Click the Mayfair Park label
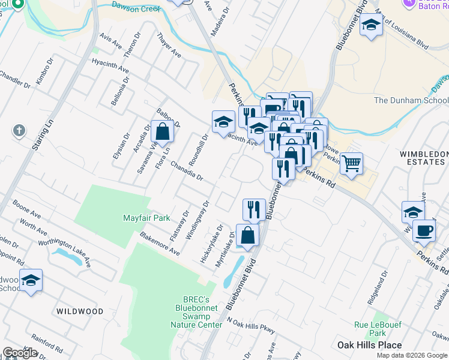pos(147,218)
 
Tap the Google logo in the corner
pos(20,353)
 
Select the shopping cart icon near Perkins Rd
pos(351,162)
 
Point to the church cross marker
pos(19,130)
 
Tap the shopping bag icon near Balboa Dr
pos(162,130)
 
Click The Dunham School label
pos(411,100)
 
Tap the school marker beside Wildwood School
pos(31,279)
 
